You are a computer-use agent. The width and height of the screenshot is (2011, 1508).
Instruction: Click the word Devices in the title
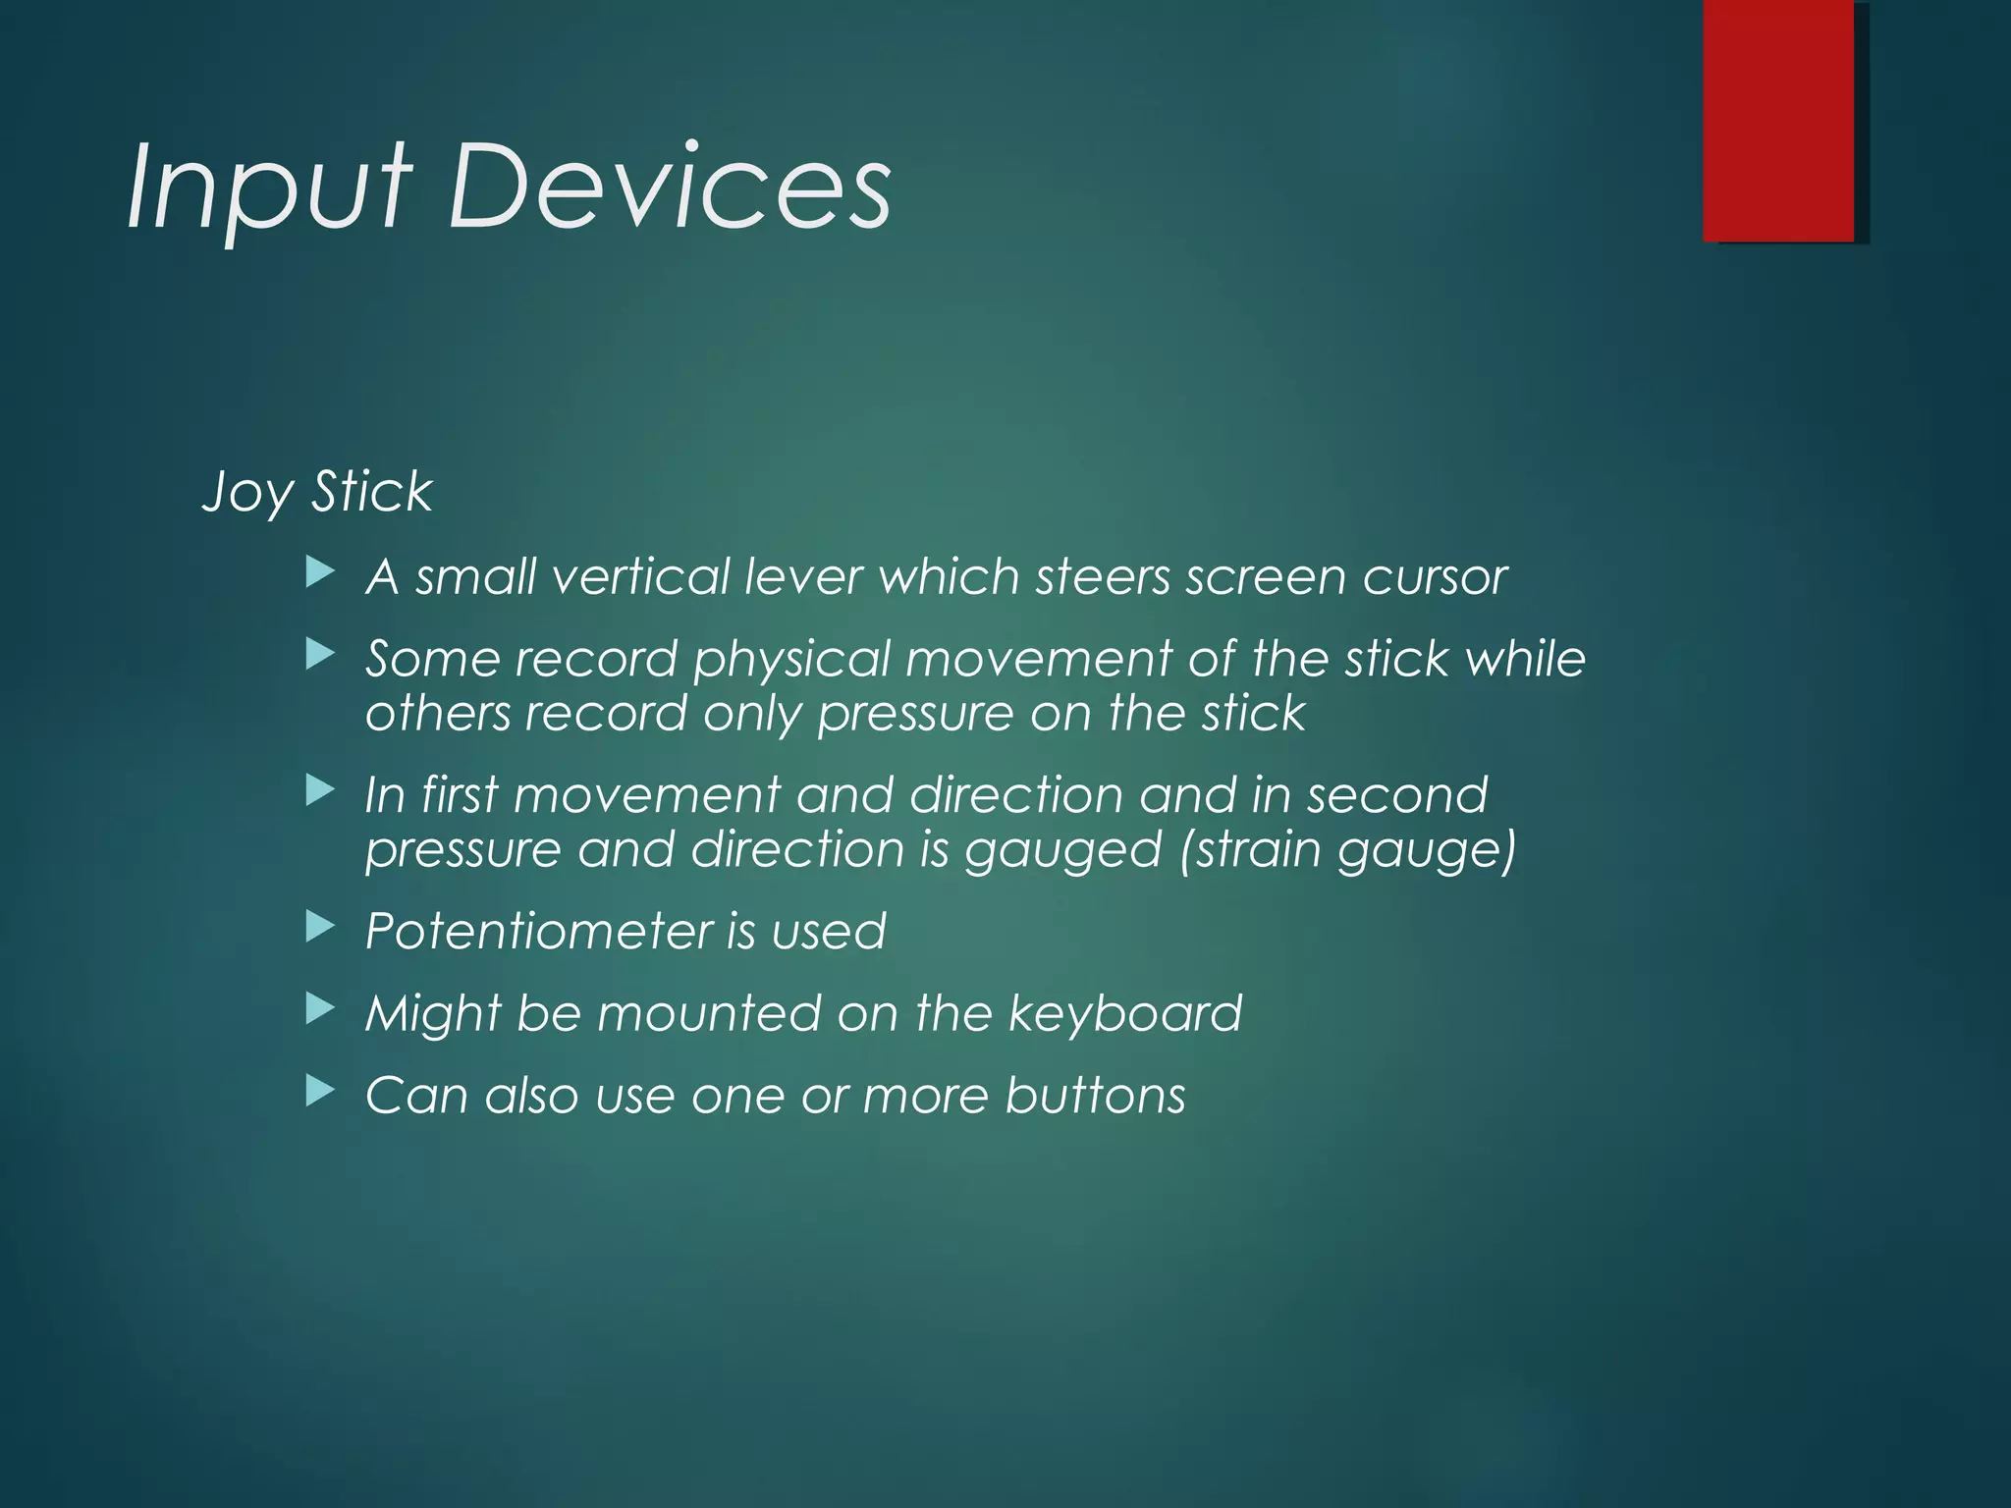tap(670, 187)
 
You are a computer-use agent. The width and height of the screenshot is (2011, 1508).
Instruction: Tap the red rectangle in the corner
tap(1778, 120)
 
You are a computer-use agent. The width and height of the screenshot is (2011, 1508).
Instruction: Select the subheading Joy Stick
tap(316, 492)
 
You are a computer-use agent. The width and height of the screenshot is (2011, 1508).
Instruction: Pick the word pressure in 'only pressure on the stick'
tap(914, 714)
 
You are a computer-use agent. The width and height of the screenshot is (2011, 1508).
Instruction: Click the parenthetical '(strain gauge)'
tap(1347, 850)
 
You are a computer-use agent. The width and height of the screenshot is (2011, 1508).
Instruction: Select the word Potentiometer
tap(538, 931)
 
